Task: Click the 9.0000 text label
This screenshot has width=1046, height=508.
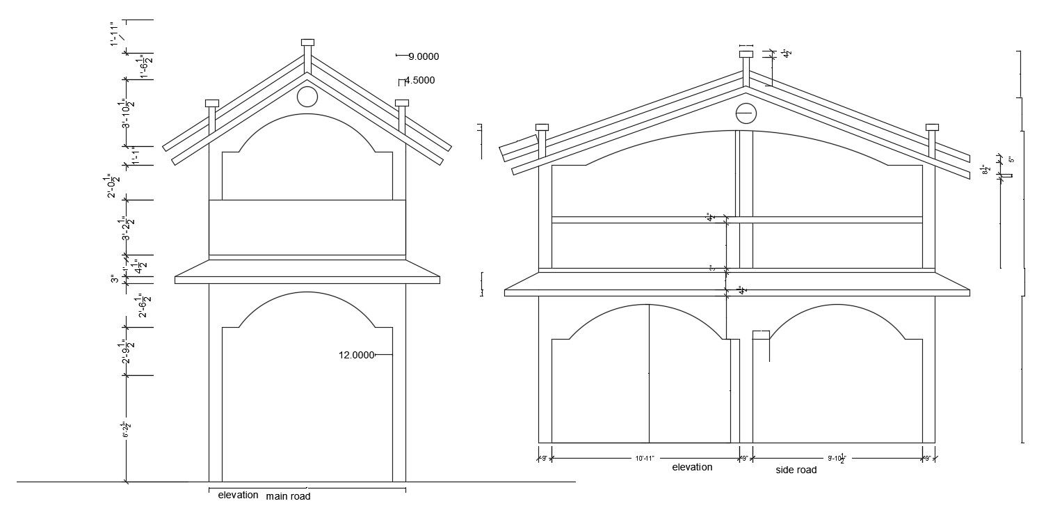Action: [424, 56]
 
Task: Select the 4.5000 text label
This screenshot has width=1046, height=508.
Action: [419, 80]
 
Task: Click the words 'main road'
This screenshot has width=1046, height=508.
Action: [288, 496]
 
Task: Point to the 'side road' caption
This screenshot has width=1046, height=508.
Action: [796, 470]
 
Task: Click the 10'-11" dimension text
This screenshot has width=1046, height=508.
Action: [645, 458]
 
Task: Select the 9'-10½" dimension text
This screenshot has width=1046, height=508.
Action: [837, 458]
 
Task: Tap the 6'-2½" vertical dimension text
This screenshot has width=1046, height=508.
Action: [127, 429]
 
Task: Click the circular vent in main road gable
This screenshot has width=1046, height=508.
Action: [307, 96]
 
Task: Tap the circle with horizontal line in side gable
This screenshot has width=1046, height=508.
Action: [745, 113]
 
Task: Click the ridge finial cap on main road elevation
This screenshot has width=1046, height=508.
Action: [307, 42]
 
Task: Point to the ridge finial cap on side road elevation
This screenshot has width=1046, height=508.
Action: [746, 54]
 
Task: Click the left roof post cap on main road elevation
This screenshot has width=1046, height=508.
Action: [212, 103]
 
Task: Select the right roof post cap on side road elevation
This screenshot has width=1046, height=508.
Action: [932, 127]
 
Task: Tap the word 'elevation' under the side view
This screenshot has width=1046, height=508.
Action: [691, 468]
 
